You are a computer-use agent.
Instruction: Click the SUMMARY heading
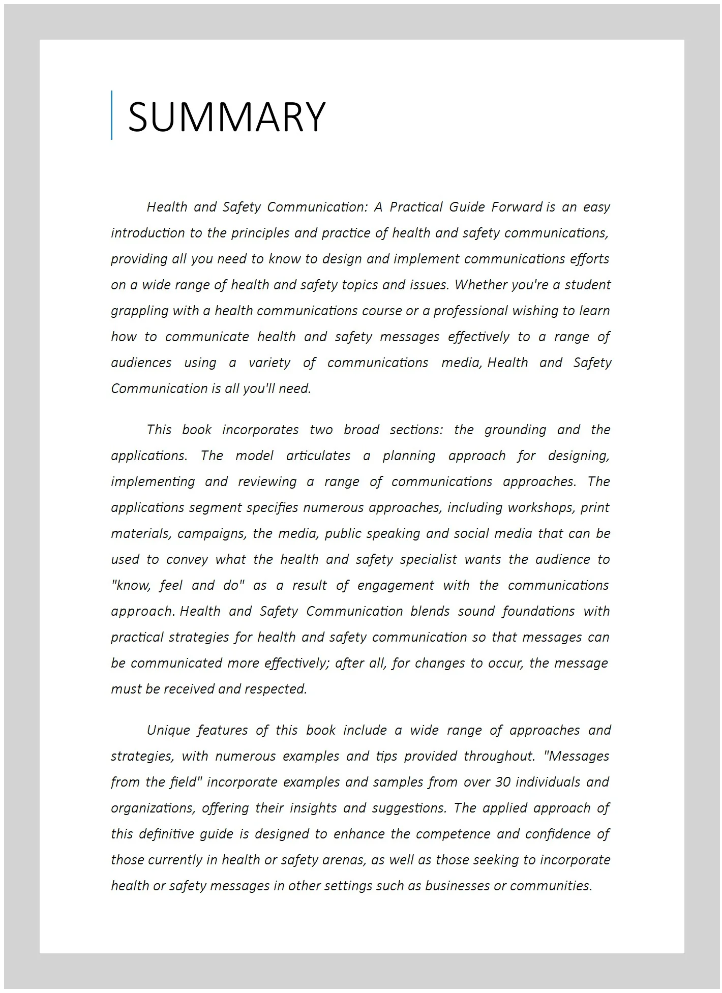pos(226,117)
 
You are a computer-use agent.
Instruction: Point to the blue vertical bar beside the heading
pos(112,115)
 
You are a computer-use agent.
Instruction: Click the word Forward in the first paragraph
pos(517,207)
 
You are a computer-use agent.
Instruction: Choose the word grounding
pos(515,430)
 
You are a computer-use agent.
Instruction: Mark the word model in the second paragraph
pos(254,456)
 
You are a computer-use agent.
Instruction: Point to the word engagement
pos(396,586)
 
